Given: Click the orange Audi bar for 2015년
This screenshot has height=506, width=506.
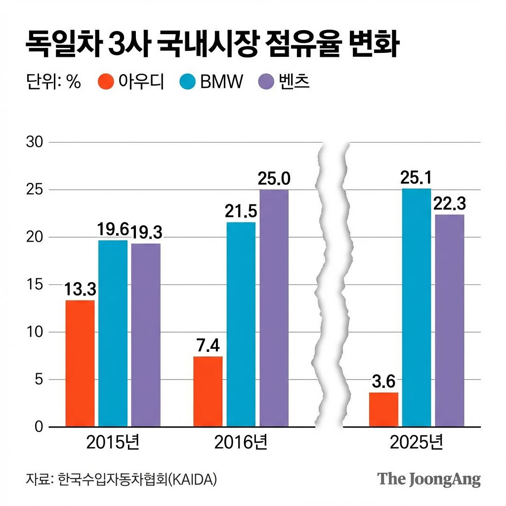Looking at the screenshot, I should click(x=80, y=363).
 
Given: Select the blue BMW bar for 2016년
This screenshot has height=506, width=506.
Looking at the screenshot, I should click(x=241, y=324).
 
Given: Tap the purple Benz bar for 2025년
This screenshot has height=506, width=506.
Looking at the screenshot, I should click(x=450, y=320).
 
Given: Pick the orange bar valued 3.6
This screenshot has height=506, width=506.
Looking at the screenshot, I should click(x=383, y=409).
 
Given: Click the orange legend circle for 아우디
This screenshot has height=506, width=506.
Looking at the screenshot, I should click(x=106, y=83).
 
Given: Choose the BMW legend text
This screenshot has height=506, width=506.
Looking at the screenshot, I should click(x=222, y=82).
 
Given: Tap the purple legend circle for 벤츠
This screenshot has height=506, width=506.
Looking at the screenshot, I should click(x=266, y=83).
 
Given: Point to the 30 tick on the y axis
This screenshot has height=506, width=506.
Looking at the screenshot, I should click(x=34, y=142).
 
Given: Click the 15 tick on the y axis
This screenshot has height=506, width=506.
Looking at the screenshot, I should click(x=34, y=285).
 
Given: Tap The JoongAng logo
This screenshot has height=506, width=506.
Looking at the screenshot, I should click(x=428, y=479).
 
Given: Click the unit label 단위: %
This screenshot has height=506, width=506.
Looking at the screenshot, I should click(x=53, y=82).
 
